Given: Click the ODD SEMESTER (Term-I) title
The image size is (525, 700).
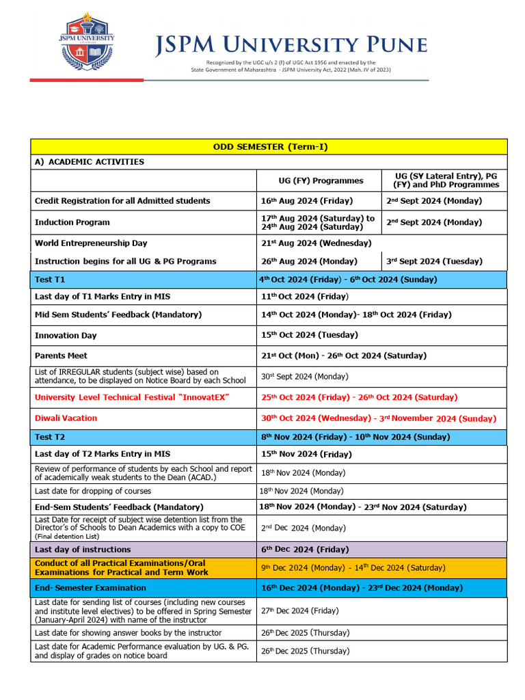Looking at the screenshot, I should pos(269,147).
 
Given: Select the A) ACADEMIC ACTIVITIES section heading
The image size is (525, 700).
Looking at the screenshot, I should pos(90,162).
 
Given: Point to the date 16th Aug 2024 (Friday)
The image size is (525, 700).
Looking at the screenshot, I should pos(307,201).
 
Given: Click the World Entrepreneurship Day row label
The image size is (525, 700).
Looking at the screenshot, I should pos(91,243).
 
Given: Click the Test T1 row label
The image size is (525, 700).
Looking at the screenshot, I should pos(50,280).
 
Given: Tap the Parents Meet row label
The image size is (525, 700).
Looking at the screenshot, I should pos(61,355).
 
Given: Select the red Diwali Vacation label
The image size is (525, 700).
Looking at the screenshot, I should pos(66,418).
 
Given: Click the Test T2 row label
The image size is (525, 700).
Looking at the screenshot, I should pos(50,436).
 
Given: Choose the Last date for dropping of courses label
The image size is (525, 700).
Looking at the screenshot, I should pos(93,491).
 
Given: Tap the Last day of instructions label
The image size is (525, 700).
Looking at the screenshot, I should pos(83,550).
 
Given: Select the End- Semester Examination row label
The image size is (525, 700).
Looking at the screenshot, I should pos(90,588).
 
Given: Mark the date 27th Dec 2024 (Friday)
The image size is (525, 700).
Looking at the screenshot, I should pos(299,611).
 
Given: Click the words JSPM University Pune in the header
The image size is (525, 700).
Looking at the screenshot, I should pos(291,45).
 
